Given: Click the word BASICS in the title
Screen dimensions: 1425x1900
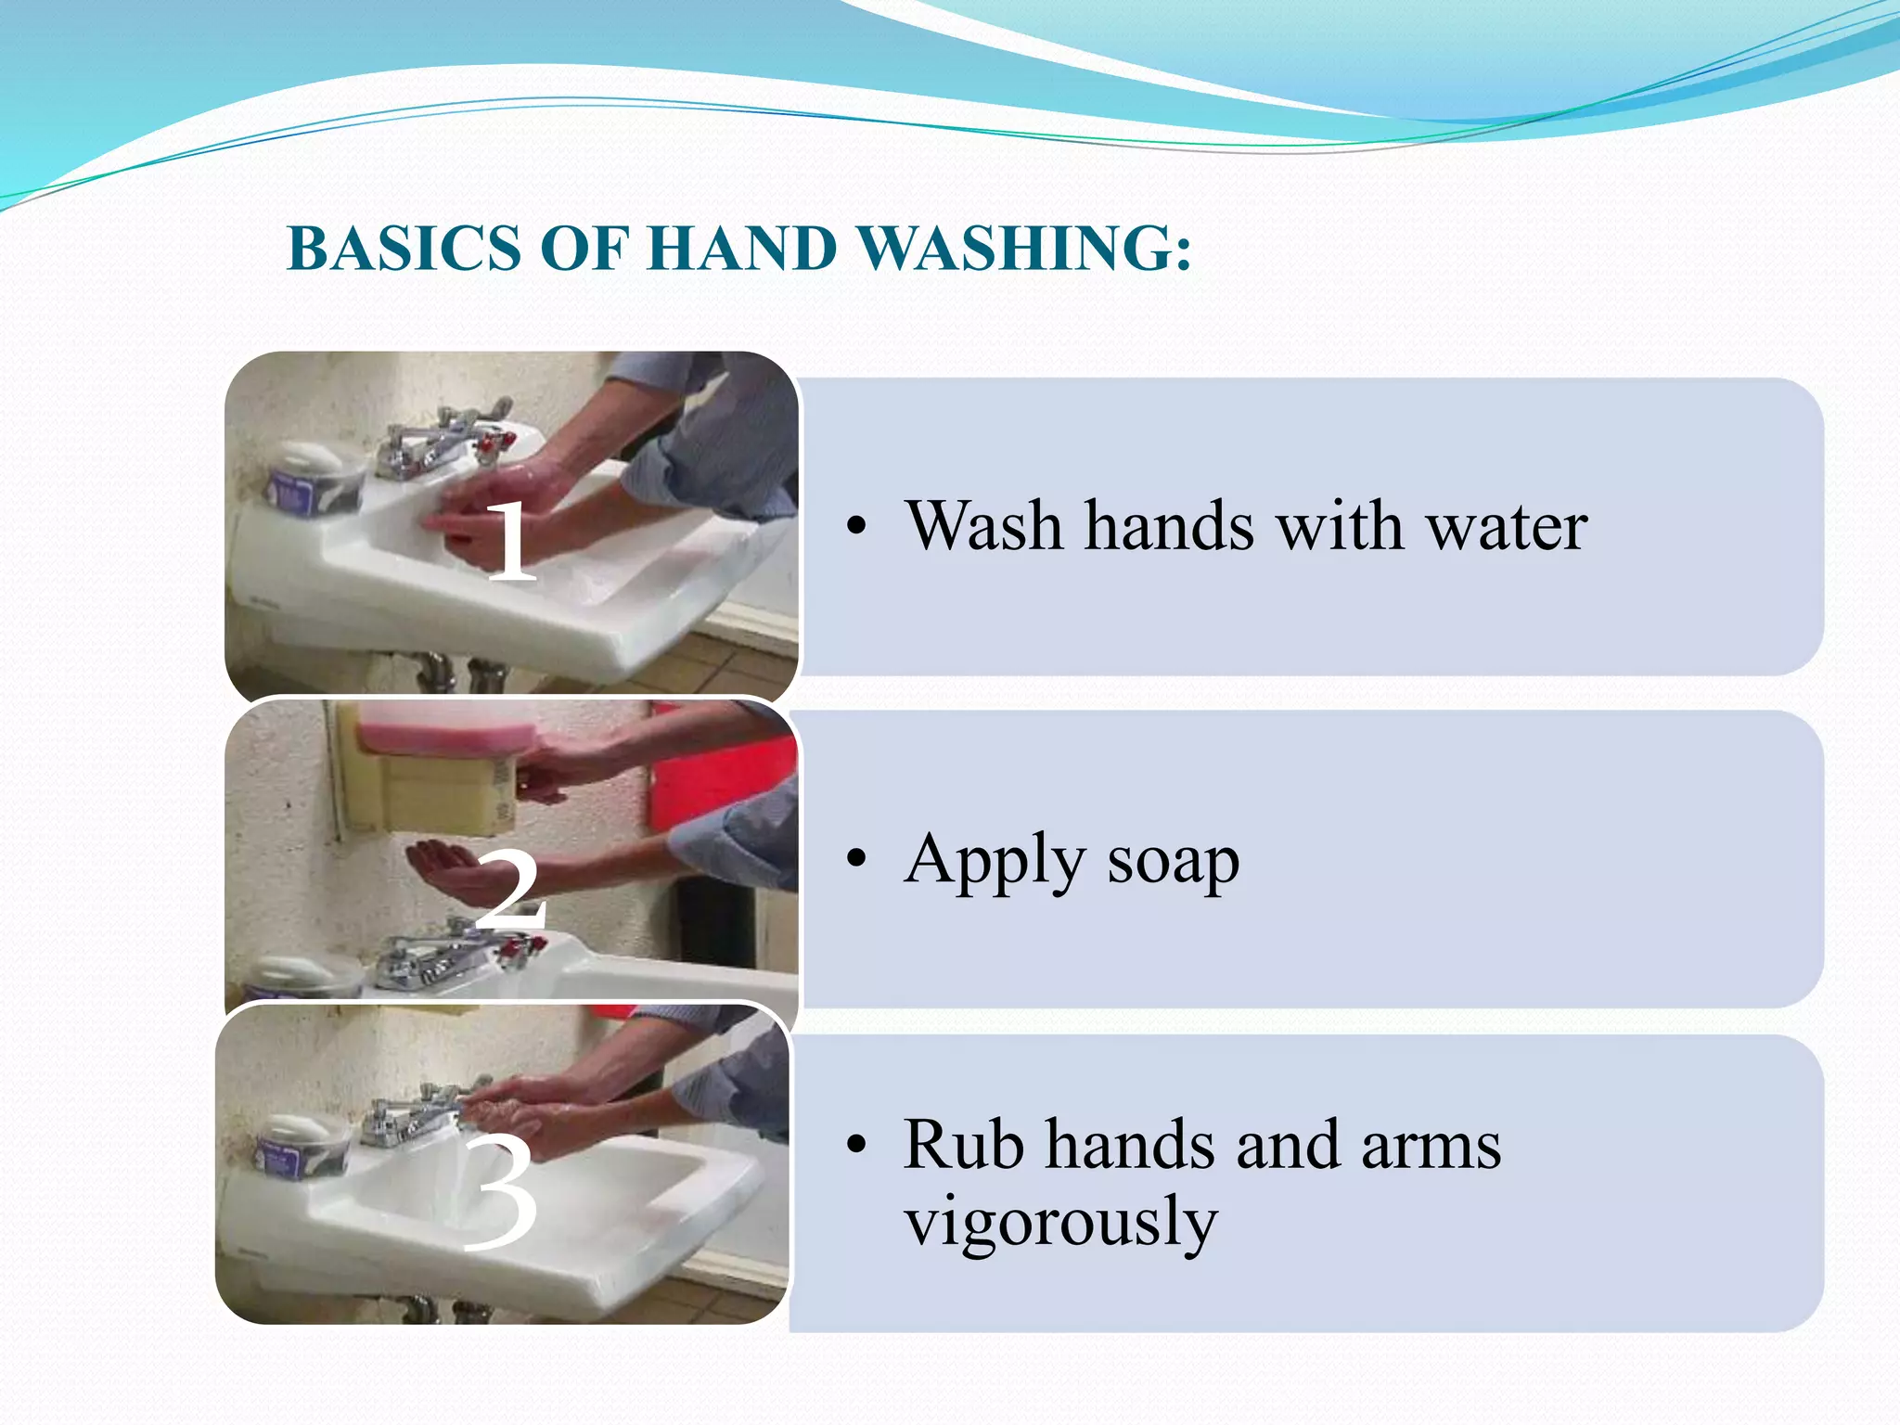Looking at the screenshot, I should click(404, 249).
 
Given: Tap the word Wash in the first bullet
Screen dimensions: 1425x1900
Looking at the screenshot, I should click(983, 527).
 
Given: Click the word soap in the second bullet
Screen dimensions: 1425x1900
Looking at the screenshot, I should click(1173, 861).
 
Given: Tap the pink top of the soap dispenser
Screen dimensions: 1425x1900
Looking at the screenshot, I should click(445, 729).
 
